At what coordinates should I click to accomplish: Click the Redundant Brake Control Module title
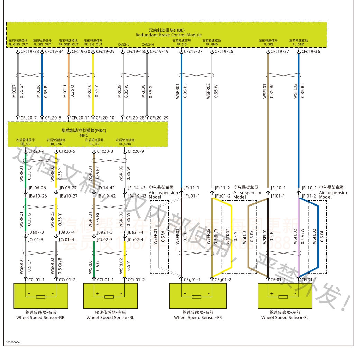click(x=168, y=35)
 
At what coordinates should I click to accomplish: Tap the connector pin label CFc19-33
click(x=29, y=52)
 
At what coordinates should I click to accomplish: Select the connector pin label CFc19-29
click(x=105, y=52)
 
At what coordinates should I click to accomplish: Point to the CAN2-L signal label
click(x=123, y=45)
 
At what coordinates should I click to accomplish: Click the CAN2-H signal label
click(x=148, y=45)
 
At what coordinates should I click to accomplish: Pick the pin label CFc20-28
click(x=135, y=118)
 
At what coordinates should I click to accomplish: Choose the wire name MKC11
click(x=65, y=91)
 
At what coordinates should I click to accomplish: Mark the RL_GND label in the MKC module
click(x=125, y=143)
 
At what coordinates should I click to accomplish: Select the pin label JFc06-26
click(x=37, y=188)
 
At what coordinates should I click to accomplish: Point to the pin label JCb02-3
click(x=104, y=239)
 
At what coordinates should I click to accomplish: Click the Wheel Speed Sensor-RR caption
click(x=40, y=318)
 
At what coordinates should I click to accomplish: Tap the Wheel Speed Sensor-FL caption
click(x=285, y=318)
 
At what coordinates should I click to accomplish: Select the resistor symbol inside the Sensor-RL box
click(x=109, y=297)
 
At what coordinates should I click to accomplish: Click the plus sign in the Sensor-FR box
click(x=185, y=294)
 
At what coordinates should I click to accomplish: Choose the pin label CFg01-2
click(x=223, y=280)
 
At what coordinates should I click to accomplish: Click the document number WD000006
click(x=13, y=342)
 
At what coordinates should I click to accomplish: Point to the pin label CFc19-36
click(x=311, y=52)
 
